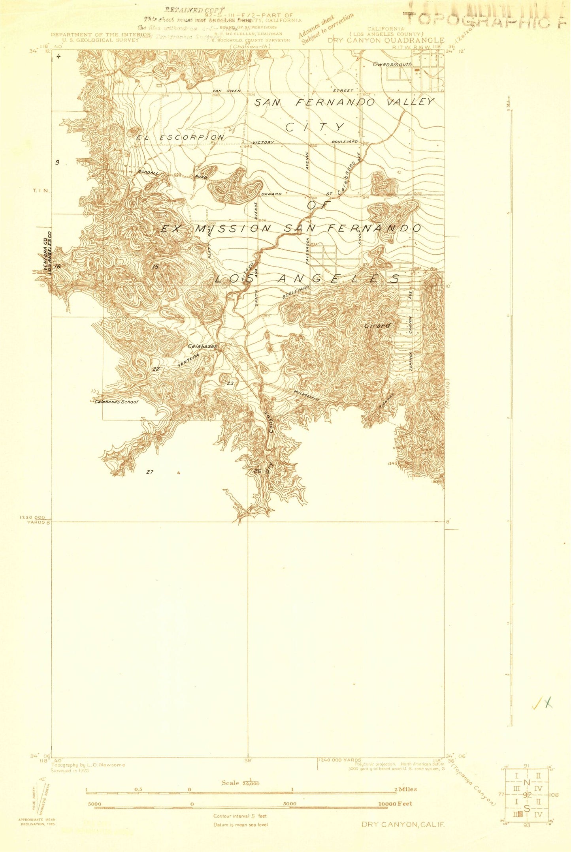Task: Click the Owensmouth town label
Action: pyautogui.click(x=392, y=64)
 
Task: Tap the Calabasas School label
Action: pyautogui.click(x=117, y=402)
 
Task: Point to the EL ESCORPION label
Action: pyautogui.click(x=181, y=137)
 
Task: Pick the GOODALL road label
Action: pyautogui.click(x=148, y=172)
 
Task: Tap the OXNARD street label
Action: pyautogui.click(x=271, y=194)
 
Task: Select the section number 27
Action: pyautogui.click(x=150, y=472)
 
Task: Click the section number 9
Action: pyautogui.click(x=57, y=162)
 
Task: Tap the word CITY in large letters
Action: pyautogui.click(x=315, y=127)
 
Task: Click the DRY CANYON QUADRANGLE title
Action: pyautogui.click(x=386, y=40)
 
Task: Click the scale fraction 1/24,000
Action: pyautogui.click(x=241, y=783)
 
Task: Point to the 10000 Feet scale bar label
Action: pyautogui.click(x=395, y=803)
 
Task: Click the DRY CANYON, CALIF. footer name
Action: pyautogui.click(x=403, y=824)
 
